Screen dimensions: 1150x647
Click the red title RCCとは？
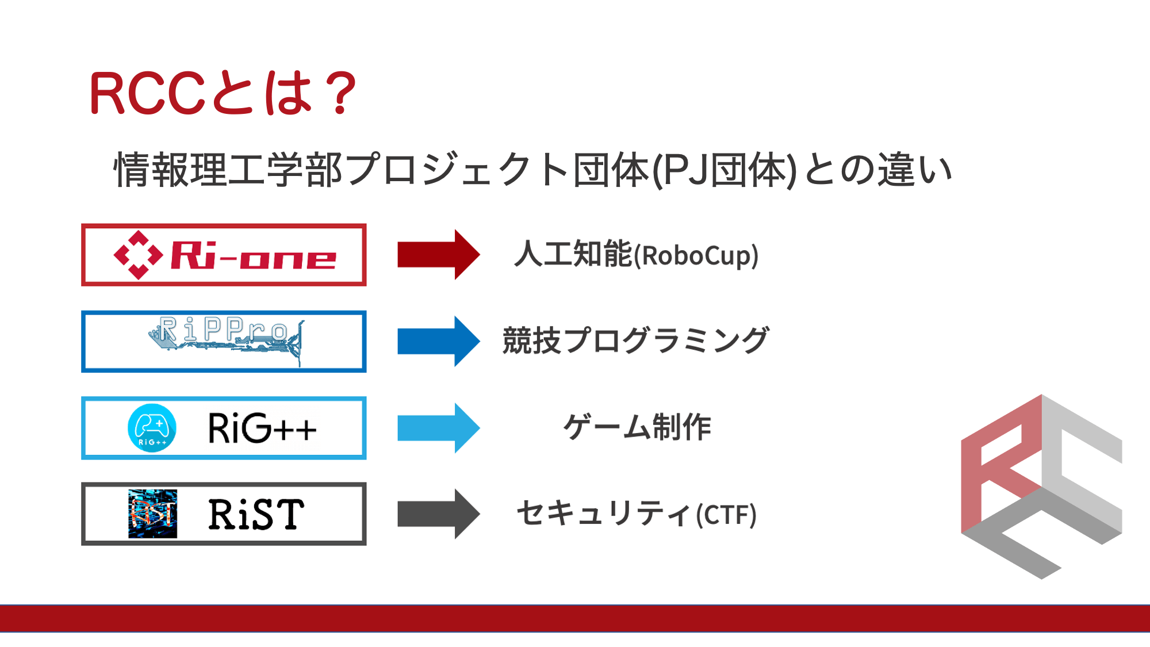[x=223, y=93]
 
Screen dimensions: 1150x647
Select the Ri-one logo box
[x=224, y=255]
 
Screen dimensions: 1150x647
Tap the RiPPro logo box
[x=224, y=342]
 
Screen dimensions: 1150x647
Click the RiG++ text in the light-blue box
[x=262, y=428]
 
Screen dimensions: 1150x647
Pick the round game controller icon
[x=152, y=428]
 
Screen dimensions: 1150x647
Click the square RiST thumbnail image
[x=152, y=514]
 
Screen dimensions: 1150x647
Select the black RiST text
[x=256, y=514]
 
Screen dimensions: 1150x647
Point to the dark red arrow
[x=439, y=254]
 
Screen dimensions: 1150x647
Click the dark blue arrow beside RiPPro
[x=439, y=341]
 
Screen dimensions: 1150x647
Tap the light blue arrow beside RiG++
[x=439, y=428]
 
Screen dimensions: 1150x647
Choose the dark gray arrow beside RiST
[x=439, y=514]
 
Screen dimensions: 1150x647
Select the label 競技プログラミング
[x=635, y=340]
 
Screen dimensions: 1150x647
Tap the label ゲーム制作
[x=637, y=427]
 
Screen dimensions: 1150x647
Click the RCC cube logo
[x=1041, y=487]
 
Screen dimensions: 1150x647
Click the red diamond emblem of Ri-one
[x=138, y=255]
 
